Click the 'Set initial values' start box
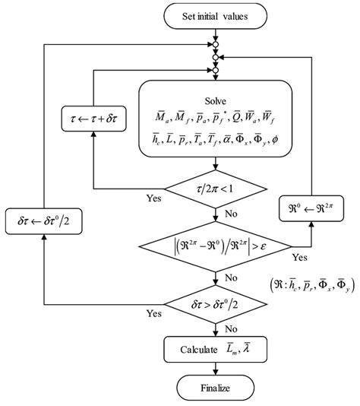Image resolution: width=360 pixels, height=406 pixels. pos(218,16)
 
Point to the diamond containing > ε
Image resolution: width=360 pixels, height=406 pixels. pos(218,247)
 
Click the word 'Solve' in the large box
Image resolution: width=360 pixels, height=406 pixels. pos(218,101)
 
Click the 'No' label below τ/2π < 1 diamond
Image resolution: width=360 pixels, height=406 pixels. pos(232,214)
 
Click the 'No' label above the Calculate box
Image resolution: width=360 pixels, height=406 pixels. pos(232,329)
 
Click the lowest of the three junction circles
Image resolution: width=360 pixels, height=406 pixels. pos(218,71)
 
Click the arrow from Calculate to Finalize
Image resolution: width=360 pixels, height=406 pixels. pos(218,368)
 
